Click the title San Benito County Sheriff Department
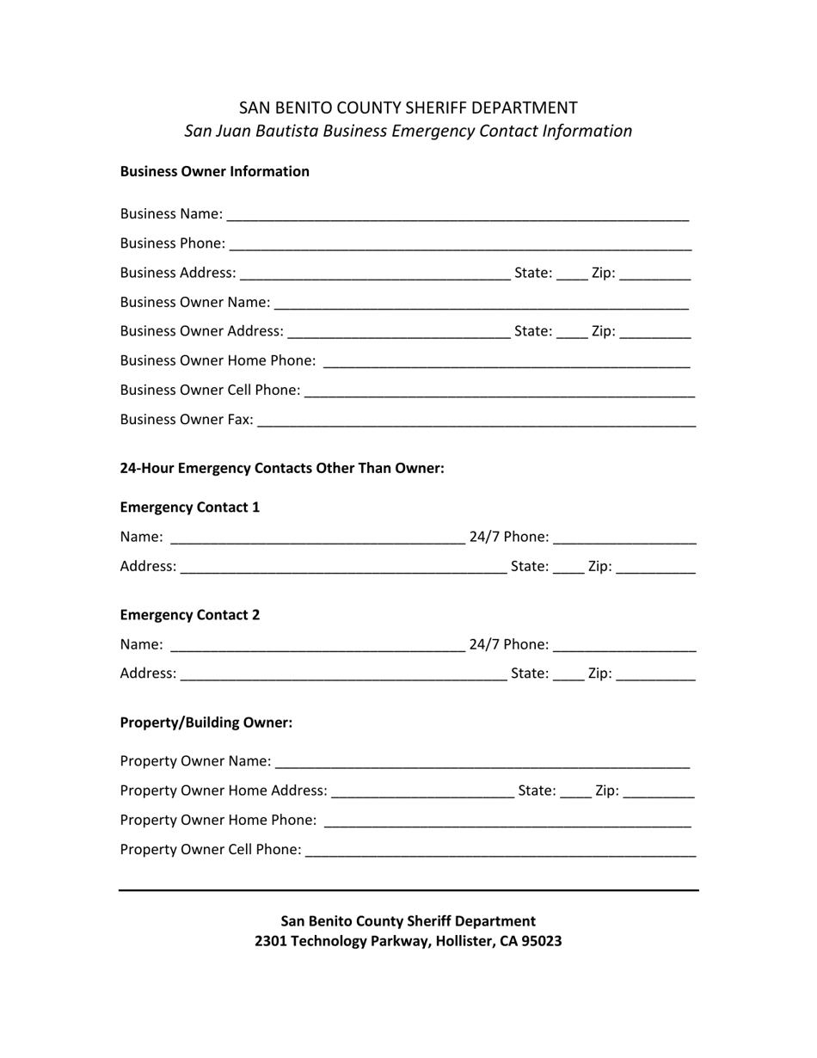tap(408, 108)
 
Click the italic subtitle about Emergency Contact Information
tap(408, 131)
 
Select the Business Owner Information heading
tap(214, 171)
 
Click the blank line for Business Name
tap(458, 215)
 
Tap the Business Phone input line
tap(461, 244)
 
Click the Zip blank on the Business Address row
tap(654, 274)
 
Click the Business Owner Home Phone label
tap(218, 360)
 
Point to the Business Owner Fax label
tap(187, 420)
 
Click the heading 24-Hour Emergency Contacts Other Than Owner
tap(282, 468)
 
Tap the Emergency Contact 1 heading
tap(190, 507)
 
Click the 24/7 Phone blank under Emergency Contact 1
tap(625, 538)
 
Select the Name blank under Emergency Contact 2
tap(317, 646)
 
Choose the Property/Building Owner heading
tap(206, 723)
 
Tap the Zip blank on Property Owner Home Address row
tap(658, 791)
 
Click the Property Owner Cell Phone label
tap(211, 850)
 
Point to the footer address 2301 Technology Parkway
tap(408, 941)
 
